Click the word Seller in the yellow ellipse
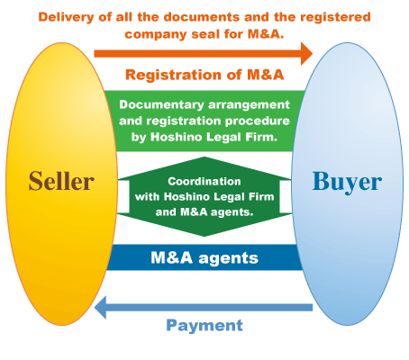[61, 181]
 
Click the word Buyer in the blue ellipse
[347, 182]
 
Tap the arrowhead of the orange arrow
[307, 54]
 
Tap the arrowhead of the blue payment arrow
[100, 308]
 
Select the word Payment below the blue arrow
[204, 325]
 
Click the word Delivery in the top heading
[66, 17]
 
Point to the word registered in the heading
[335, 18]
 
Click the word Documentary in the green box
[161, 105]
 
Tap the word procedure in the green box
[258, 121]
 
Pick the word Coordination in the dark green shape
[204, 181]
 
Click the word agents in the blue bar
[228, 258]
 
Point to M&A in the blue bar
[171, 257]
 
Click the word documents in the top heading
[202, 17]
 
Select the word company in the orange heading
[156, 34]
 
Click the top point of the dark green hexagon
[204, 157]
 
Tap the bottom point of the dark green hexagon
[204, 236]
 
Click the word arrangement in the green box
[249, 105]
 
